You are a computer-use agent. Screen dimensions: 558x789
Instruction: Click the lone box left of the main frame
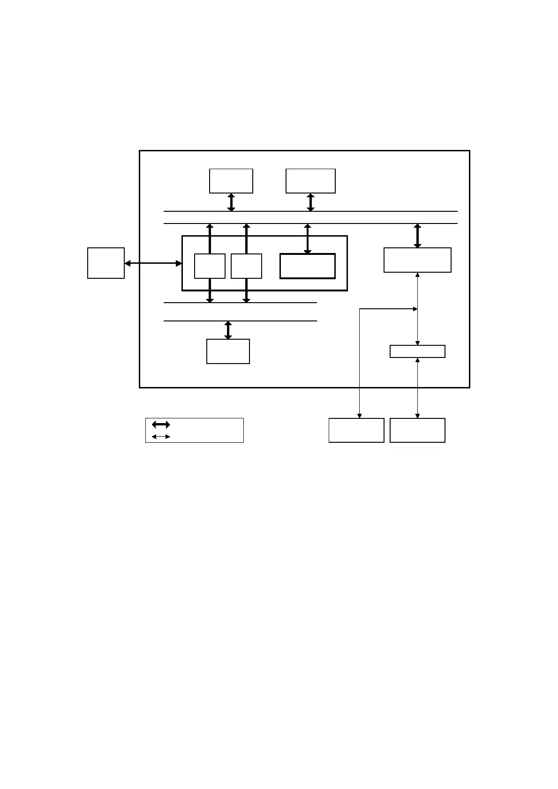pos(106,263)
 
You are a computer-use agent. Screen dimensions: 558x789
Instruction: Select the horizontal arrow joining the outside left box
pos(153,263)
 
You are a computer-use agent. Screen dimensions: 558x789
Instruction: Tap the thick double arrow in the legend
pos(161,424)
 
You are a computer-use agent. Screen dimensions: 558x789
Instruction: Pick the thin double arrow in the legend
pos(161,437)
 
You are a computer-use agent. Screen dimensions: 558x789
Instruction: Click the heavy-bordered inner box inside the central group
pos(308,266)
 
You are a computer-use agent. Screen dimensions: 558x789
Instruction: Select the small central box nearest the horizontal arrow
pos(210,266)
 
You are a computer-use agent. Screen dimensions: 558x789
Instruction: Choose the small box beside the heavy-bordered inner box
pos(246,266)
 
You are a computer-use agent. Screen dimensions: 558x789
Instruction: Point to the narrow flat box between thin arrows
pos(417,351)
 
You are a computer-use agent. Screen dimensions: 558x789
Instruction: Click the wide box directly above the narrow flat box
pos(417,260)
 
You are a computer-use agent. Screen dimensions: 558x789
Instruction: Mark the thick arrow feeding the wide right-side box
pos(417,236)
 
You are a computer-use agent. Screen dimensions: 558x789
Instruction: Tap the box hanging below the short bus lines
pos(228,351)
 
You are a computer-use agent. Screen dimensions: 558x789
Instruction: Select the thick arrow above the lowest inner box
pos(228,330)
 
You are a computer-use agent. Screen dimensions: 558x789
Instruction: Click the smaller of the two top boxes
pos(231,181)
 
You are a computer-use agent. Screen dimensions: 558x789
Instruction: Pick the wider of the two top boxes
pos(310,181)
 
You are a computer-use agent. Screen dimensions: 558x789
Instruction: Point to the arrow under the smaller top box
pos(231,202)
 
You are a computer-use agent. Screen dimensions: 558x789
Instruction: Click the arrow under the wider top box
pos(310,202)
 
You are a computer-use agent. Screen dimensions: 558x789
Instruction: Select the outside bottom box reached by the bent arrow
pos(356,430)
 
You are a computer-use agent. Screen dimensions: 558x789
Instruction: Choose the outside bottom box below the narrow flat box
pos(417,430)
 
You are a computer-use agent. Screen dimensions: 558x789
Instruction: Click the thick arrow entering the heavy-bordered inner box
pos(308,239)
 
